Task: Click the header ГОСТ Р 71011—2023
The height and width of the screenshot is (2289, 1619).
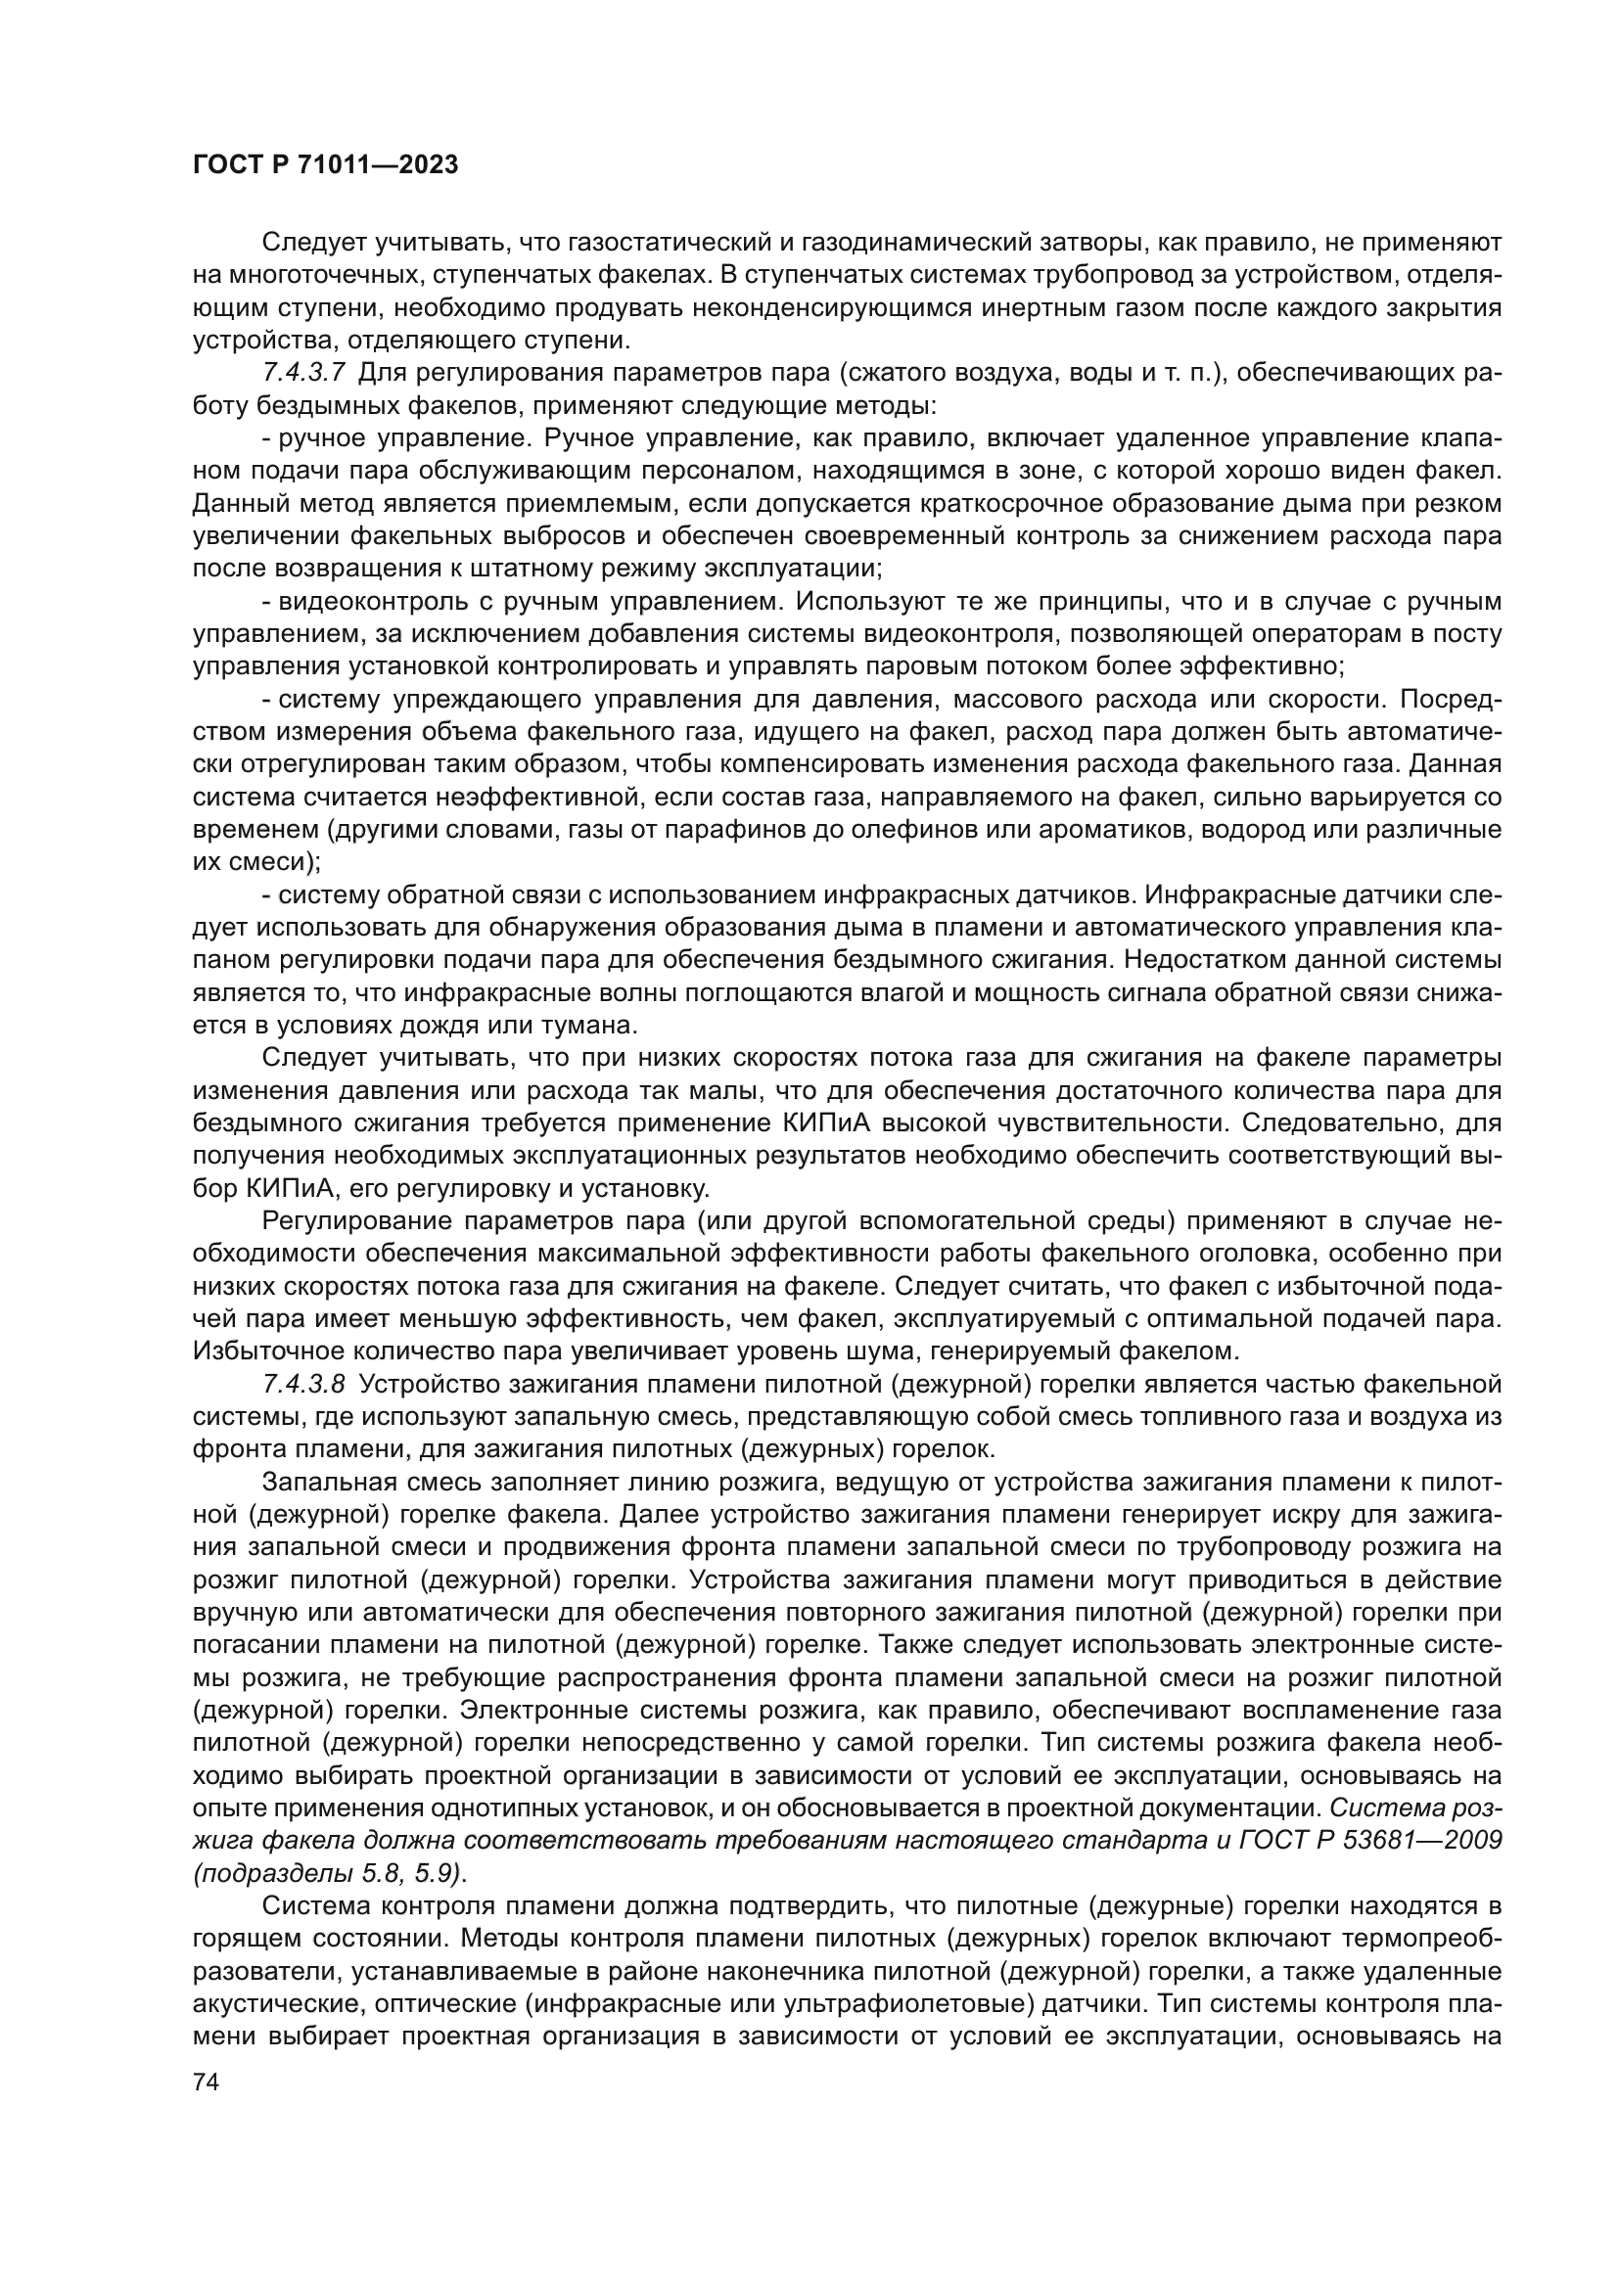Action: (325, 164)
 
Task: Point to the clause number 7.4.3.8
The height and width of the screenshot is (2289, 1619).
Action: (304, 1384)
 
